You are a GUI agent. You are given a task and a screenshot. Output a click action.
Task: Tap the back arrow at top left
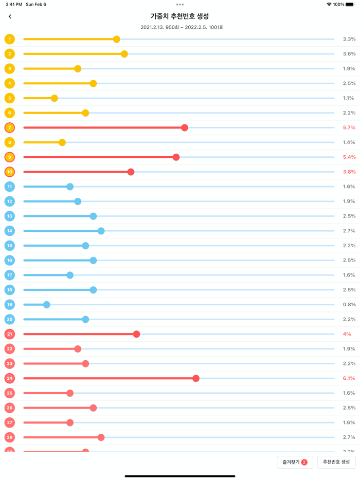point(10,16)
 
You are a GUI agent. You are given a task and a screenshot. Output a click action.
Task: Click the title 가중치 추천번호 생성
point(179,16)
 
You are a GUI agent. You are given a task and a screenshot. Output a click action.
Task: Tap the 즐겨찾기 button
point(295,462)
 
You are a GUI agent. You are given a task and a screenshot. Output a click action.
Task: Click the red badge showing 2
point(304,462)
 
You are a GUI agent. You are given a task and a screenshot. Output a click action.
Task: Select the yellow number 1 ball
point(10,39)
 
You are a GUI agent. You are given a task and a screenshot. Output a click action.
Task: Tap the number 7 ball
point(10,127)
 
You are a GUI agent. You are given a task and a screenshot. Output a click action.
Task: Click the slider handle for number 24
point(196,378)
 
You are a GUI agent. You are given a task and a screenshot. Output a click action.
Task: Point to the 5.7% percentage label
point(349,127)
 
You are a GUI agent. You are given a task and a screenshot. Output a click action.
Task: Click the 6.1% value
point(349,378)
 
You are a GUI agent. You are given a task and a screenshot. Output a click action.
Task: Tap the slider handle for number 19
point(47,305)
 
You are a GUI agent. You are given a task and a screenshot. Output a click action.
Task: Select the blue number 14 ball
point(10,231)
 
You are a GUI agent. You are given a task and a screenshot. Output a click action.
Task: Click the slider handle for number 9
point(176,157)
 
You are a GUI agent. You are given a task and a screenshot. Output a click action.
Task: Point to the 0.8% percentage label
point(349,305)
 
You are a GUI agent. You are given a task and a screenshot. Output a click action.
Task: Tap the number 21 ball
point(10,334)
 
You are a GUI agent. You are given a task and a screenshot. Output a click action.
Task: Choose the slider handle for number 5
point(55,98)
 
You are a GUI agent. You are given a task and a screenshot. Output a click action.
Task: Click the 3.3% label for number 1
point(349,39)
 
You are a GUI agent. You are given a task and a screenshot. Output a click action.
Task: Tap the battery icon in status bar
point(350,4)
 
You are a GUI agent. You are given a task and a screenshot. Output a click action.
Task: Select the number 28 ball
point(10,437)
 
